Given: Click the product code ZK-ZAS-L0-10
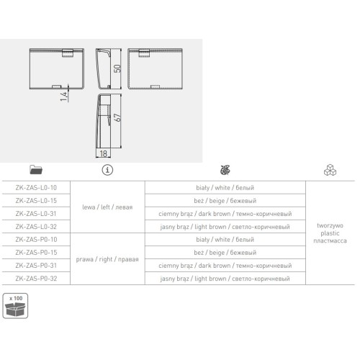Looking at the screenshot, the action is point(36,188).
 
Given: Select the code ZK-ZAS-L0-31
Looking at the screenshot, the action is point(36,214).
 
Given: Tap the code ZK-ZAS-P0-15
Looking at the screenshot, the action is point(36,253).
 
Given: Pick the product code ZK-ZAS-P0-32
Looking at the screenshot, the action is point(36,279).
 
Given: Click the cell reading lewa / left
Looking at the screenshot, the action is point(107,207).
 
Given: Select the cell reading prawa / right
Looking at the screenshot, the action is point(107,259).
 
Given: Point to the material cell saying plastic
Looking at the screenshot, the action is point(330,233).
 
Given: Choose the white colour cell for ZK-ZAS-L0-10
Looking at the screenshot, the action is point(225,188).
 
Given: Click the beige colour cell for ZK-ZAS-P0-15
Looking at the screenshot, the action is point(225,253).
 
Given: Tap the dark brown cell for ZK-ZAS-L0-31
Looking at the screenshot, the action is point(225,214).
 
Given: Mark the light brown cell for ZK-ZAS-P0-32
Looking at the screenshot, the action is point(225,279).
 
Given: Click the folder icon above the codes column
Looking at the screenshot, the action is point(36,170).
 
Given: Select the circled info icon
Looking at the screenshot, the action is point(107,170).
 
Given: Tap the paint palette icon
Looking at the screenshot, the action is point(225,170).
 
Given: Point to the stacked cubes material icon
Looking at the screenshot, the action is point(330,170).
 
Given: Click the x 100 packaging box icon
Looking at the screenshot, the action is point(15,306).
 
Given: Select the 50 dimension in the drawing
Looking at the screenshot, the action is point(117,68).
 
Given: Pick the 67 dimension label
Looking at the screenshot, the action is point(117,117).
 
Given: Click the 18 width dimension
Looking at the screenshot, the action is point(104,153).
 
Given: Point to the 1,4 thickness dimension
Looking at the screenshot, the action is point(64,96).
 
